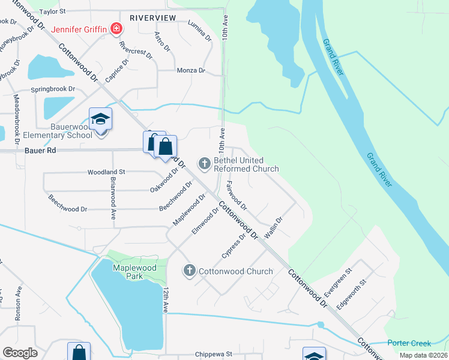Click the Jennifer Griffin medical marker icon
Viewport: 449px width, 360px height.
click(x=116, y=29)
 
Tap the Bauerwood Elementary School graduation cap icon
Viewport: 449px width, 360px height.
click(x=101, y=119)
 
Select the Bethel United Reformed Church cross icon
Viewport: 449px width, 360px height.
click(x=204, y=163)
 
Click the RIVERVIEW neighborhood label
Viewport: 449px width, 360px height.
click(x=152, y=18)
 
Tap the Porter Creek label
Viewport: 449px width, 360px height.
click(x=409, y=343)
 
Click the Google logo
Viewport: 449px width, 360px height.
click(x=20, y=353)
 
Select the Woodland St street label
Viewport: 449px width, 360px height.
click(x=106, y=172)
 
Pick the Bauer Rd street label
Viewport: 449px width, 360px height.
click(x=41, y=150)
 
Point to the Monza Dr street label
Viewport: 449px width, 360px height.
click(x=191, y=70)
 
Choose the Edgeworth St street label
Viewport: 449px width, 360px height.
click(x=351, y=293)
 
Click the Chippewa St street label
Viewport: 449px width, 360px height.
click(x=212, y=355)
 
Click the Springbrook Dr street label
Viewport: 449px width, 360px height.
click(x=53, y=88)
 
